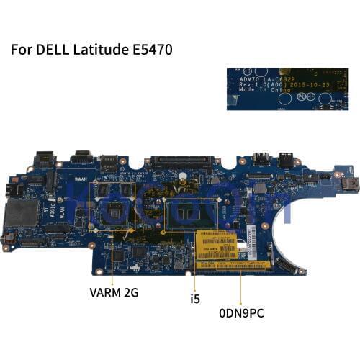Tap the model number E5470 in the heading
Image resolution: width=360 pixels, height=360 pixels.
pyautogui.click(x=149, y=51)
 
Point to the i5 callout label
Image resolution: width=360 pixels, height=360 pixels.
pyautogui.click(x=194, y=296)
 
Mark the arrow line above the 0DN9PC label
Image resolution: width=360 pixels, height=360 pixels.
pyautogui.click(x=241, y=277)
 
